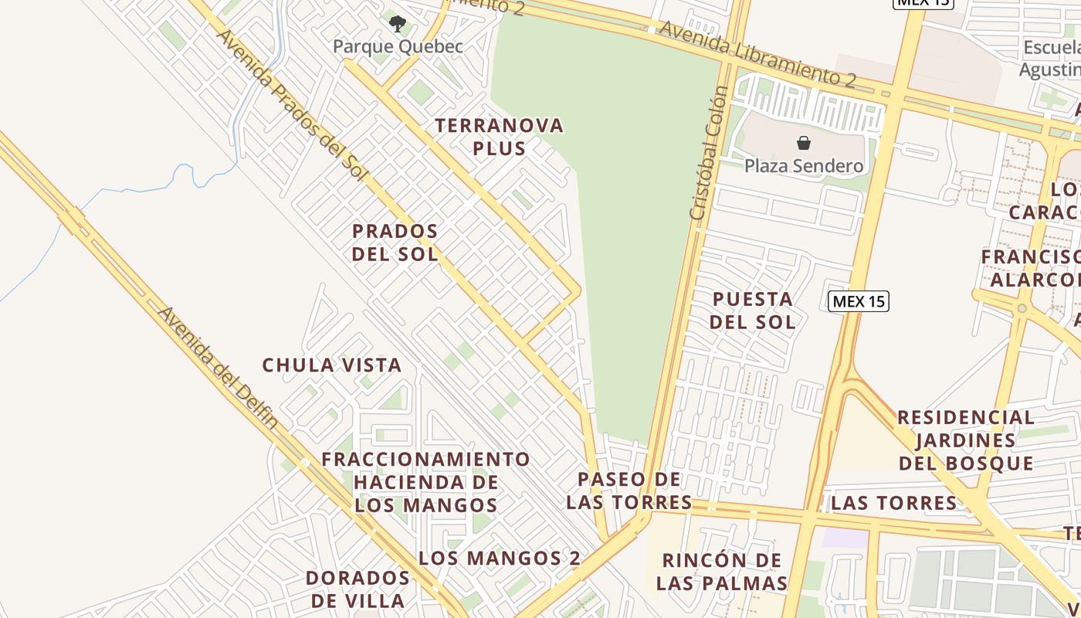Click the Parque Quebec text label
pyautogui.click(x=398, y=46)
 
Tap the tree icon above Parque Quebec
pyautogui.click(x=398, y=24)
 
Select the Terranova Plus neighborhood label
pyautogui.click(x=500, y=137)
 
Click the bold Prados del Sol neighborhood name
pyautogui.click(x=395, y=242)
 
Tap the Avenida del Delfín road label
pyautogui.click(x=218, y=368)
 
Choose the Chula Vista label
pyautogui.click(x=332, y=365)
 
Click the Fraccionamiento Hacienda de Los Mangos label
pyautogui.click(x=426, y=482)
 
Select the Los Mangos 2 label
pyautogui.click(x=500, y=558)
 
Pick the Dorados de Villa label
pyautogui.click(x=357, y=589)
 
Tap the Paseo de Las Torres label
pyautogui.click(x=629, y=491)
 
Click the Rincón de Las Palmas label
pyautogui.click(x=722, y=572)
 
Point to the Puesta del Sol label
pyautogui.click(x=753, y=311)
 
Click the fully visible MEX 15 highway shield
pyautogui.click(x=859, y=301)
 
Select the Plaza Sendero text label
pyautogui.click(x=804, y=165)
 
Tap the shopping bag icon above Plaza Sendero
pyautogui.click(x=804, y=143)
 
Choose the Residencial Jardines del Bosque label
pyautogui.click(x=966, y=440)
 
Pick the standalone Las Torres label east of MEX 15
pyautogui.click(x=894, y=504)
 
